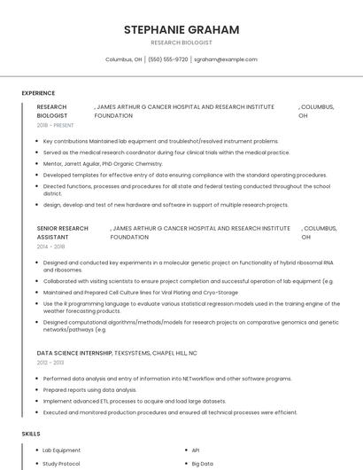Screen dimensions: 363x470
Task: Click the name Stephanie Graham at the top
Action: (x=181, y=29)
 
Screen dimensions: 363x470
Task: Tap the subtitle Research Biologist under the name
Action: (x=181, y=43)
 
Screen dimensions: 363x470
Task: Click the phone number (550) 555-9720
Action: (x=168, y=59)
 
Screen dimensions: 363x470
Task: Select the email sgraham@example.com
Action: (x=226, y=59)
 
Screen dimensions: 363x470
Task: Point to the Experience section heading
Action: (x=38, y=92)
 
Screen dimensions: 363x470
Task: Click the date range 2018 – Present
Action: (x=55, y=126)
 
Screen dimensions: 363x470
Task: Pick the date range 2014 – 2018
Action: (x=51, y=247)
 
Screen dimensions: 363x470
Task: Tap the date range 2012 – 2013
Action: (x=51, y=363)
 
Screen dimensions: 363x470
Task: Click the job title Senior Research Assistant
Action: (x=62, y=232)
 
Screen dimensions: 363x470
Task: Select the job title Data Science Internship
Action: (x=74, y=353)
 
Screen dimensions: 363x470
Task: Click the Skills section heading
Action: (x=31, y=434)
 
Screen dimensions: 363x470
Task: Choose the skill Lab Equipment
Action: (x=61, y=450)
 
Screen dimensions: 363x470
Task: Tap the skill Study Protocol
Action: (x=61, y=463)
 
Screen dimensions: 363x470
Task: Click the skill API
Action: (x=196, y=450)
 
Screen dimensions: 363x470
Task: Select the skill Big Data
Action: (x=202, y=463)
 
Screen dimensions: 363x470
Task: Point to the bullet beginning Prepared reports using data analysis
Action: (x=89, y=389)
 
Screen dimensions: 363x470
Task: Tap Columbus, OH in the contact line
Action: (x=124, y=59)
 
